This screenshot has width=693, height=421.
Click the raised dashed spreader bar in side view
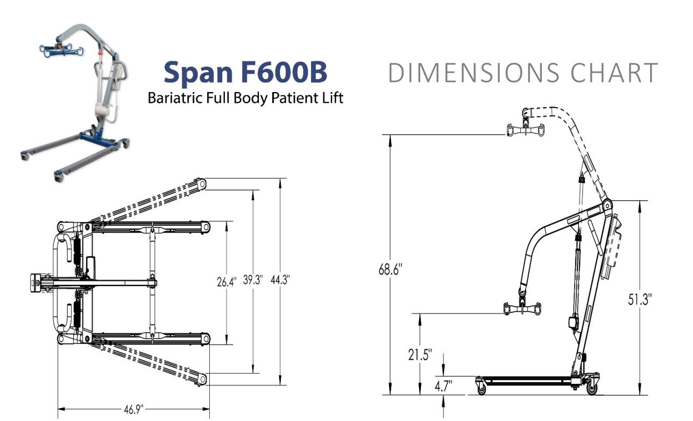524,129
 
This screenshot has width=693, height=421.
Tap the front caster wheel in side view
480,385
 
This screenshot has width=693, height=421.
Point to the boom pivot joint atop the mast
607,205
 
